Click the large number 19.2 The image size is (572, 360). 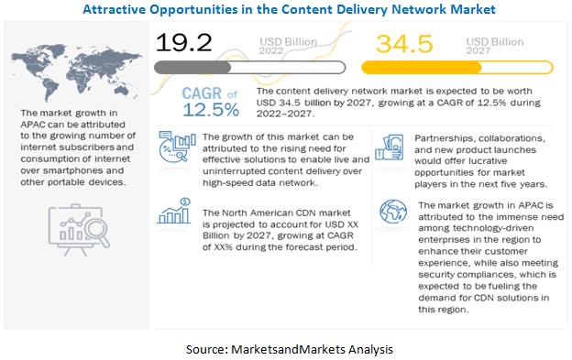[183, 42]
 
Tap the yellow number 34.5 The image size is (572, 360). [404, 44]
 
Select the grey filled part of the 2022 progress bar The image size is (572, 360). [192, 68]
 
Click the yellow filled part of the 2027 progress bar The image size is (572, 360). [422, 68]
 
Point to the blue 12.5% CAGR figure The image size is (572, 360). [211, 110]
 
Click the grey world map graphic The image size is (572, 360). [76, 72]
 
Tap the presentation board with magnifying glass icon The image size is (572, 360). [79, 230]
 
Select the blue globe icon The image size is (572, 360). [393, 212]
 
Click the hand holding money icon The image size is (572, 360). [390, 147]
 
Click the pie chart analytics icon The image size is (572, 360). [177, 147]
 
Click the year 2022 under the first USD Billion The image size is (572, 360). [271, 50]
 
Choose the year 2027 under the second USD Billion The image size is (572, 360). [478, 50]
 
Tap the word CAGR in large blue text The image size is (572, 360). [202, 93]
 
